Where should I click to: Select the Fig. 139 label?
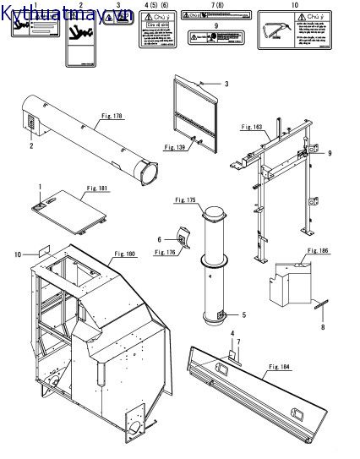[x=175, y=148]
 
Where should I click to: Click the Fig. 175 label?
[x=185, y=200]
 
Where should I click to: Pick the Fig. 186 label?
[x=318, y=251]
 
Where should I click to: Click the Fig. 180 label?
[x=127, y=252]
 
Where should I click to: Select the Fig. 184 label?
[x=281, y=366]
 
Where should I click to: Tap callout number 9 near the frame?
[x=330, y=153]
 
